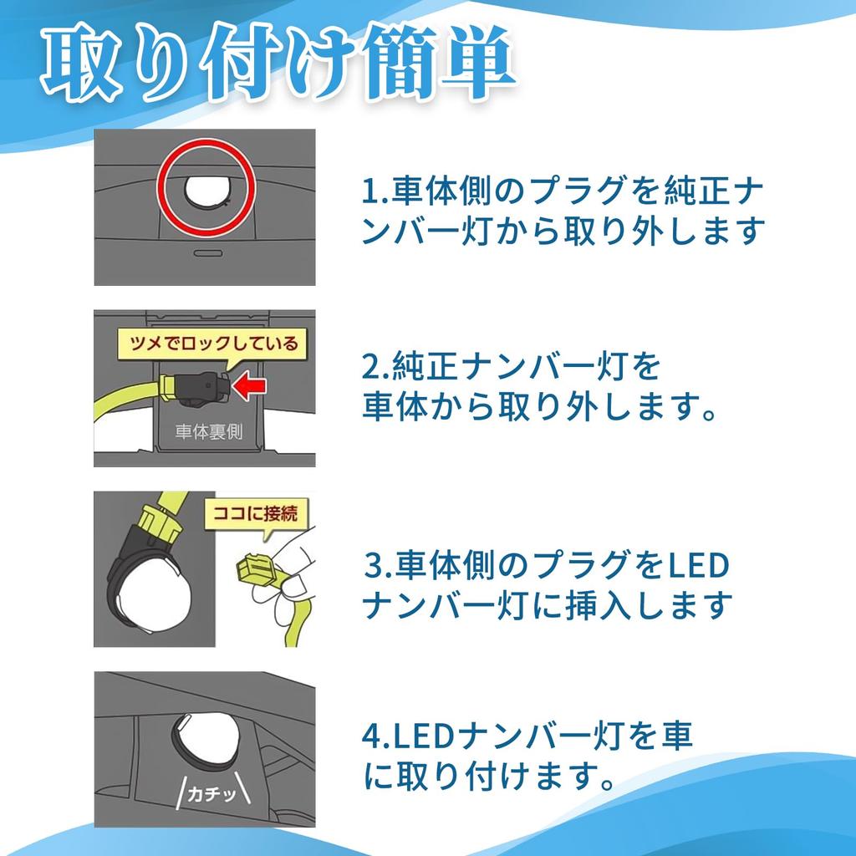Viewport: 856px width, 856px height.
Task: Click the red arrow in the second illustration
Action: [x=249, y=386]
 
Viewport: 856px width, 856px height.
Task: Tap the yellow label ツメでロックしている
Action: [x=212, y=344]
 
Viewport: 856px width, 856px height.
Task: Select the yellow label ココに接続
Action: [x=256, y=514]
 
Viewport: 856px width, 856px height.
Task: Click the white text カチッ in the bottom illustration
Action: [x=212, y=792]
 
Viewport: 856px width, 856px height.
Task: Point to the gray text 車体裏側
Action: [x=208, y=432]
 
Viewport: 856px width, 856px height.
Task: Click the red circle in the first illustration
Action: [x=206, y=187]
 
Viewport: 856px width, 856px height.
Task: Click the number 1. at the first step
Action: [x=376, y=191]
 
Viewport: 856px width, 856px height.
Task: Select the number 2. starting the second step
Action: [x=376, y=367]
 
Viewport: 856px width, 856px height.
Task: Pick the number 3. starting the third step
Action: [x=379, y=565]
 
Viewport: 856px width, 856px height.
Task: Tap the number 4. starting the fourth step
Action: [x=376, y=736]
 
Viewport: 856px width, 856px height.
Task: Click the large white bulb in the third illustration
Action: [x=154, y=599]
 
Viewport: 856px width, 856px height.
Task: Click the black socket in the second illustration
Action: [x=203, y=388]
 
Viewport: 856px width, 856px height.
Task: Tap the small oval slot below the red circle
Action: [x=208, y=253]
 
